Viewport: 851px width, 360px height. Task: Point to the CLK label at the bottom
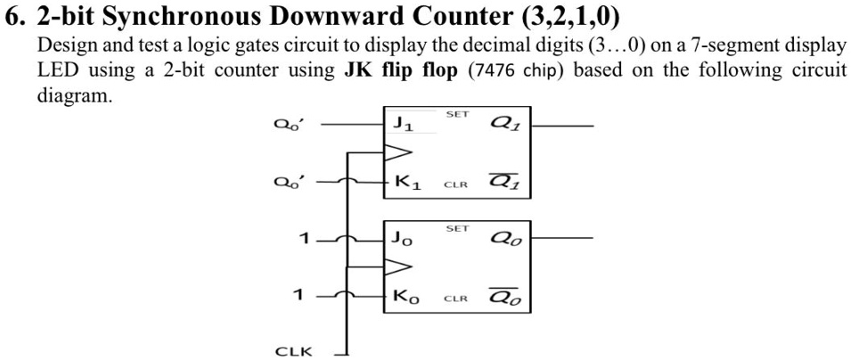point(293,351)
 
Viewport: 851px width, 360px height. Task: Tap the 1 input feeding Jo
point(305,239)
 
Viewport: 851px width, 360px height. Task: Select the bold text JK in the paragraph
point(357,70)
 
